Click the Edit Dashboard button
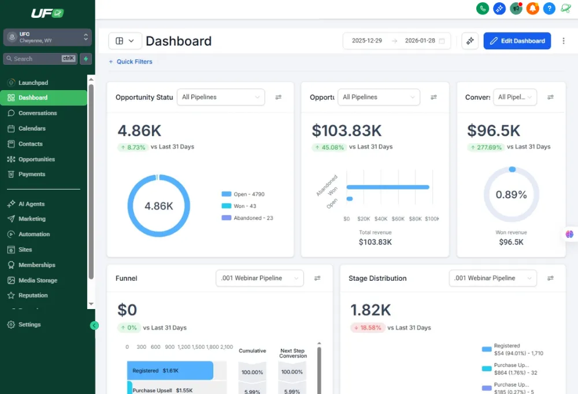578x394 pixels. point(517,41)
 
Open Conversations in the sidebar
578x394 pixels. point(38,113)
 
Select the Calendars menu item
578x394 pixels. point(32,128)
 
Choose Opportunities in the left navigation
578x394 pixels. point(36,159)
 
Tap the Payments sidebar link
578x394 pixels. point(32,174)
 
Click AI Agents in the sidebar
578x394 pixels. point(31,204)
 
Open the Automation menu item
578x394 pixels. point(34,234)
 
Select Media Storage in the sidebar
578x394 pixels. point(38,280)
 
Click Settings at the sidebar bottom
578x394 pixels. point(29,325)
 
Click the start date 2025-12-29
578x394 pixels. point(367,41)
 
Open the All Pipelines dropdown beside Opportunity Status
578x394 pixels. point(220,97)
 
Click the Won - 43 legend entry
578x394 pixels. point(244,206)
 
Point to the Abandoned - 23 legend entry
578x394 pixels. point(253,218)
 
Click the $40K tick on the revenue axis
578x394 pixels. point(381,219)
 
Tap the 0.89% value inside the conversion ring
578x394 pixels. point(512,195)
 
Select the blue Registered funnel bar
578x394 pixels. point(170,370)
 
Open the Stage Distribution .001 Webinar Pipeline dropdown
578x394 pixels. point(492,278)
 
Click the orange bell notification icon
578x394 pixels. point(532,8)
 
